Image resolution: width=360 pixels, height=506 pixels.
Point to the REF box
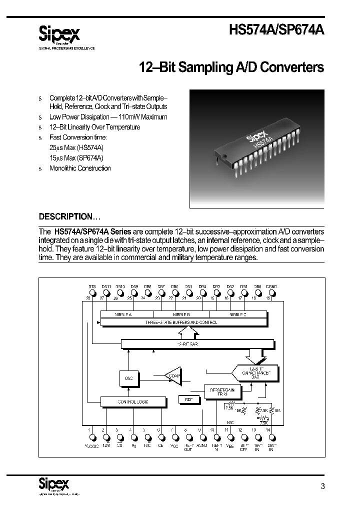[x=189, y=399]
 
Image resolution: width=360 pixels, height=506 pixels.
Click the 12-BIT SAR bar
[x=197, y=344]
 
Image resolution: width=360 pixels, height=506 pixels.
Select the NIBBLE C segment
[x=238, y=314]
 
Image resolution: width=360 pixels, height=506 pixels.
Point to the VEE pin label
[x=230, y=445]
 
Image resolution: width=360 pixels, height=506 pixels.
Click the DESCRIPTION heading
[x=69, y=216]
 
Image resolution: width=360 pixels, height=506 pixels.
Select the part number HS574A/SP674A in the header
[x=276, y=30]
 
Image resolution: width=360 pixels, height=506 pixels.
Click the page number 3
[x=322, y=486]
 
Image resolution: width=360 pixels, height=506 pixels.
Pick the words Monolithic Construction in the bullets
[x=80, y=168]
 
